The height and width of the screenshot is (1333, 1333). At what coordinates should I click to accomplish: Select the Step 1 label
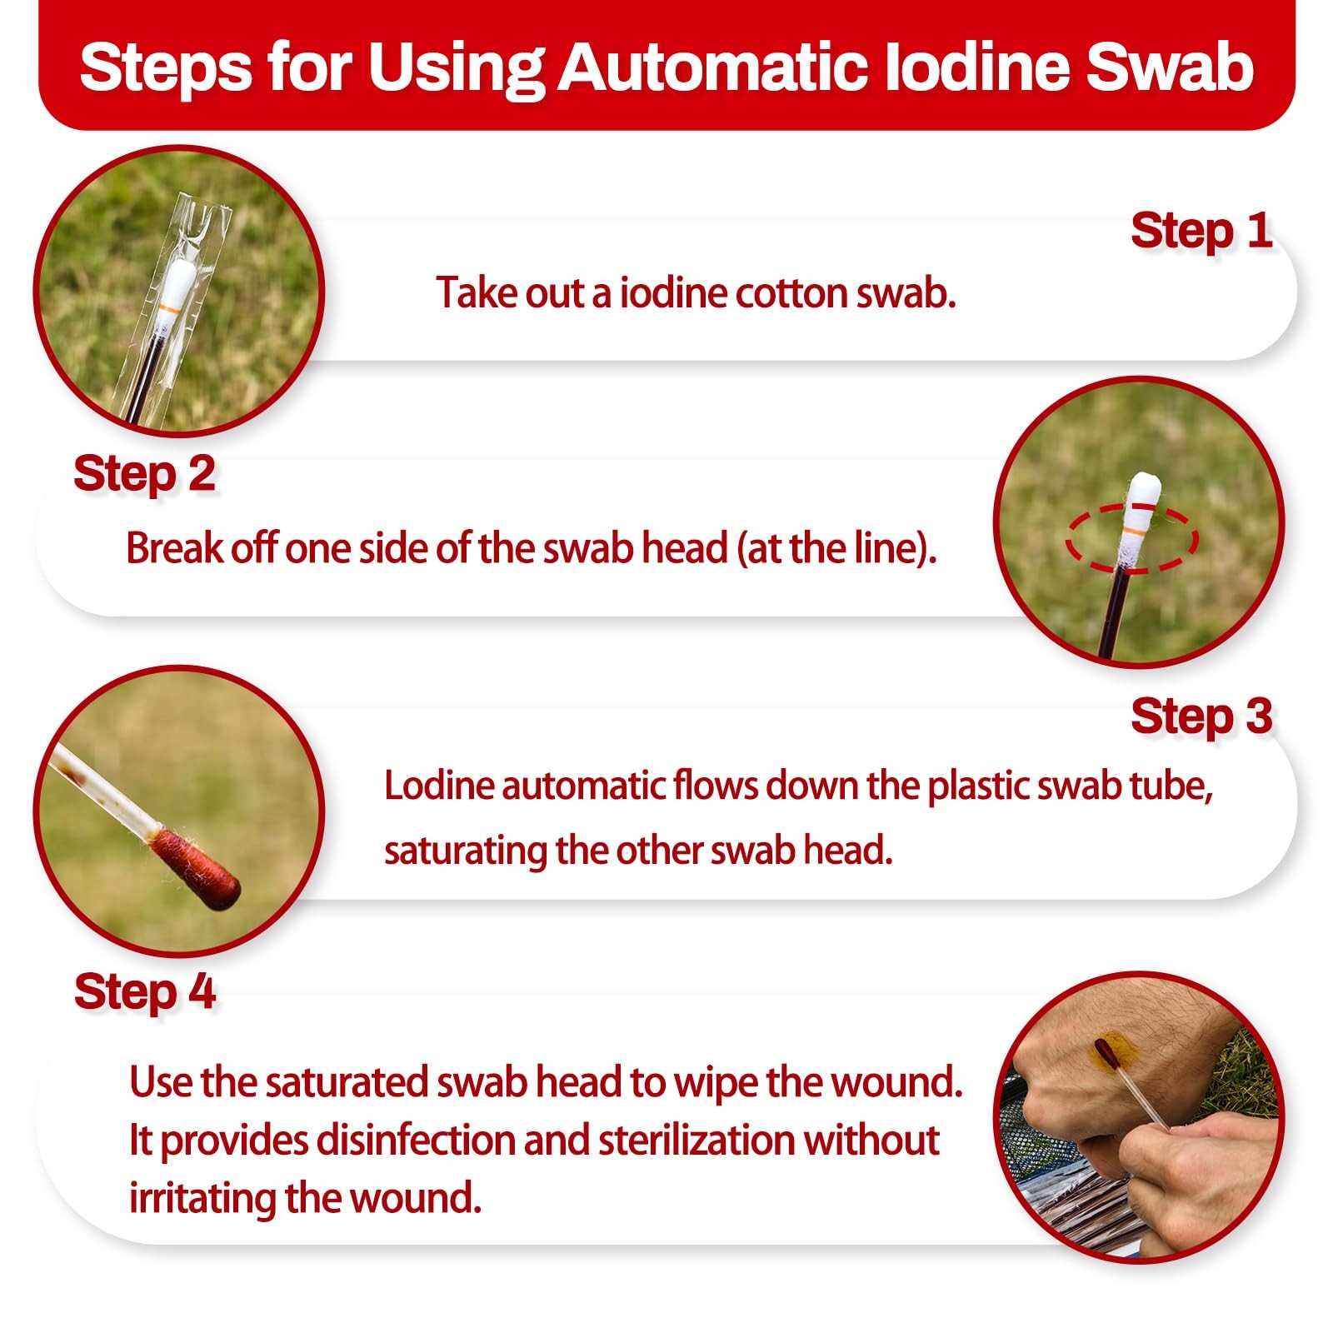[x=1201, y=231]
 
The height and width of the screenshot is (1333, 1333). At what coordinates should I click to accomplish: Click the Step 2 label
[x=144, y=475]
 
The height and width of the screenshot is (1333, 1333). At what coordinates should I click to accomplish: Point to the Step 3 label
[x=1201, y=716]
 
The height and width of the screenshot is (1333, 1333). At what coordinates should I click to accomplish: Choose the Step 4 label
[x=144, y=992]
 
